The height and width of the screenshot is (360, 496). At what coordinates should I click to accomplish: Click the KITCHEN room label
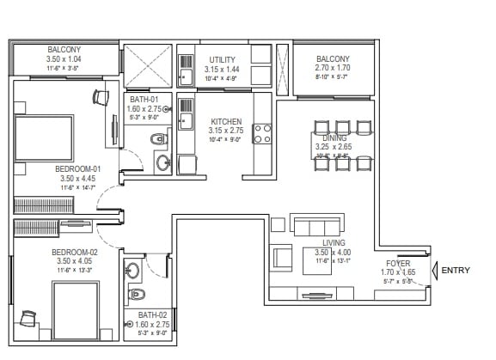pyautogui.click(x=226, y=122)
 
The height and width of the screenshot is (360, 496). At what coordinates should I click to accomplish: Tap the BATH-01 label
pyautogui.click(x=145, y=98)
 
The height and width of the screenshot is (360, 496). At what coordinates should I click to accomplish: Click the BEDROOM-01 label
pyautogui.click(x=78, y=168)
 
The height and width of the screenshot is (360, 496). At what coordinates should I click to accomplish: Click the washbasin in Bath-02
pyautogui.click(x=133, y=271)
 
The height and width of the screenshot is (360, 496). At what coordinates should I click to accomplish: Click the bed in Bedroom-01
pyautogui.click(x=43, y=137)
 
